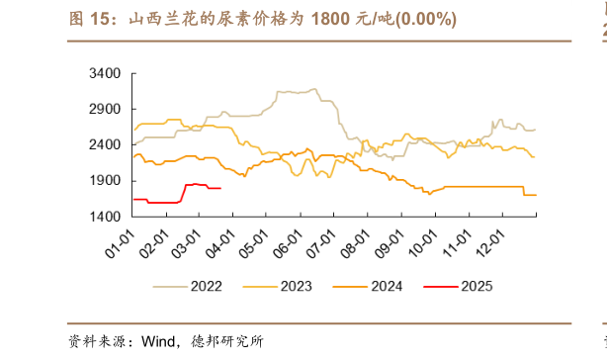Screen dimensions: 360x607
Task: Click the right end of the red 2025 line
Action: click(x=220, y=188)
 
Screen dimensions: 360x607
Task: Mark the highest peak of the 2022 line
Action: click(x=313, y=89)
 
